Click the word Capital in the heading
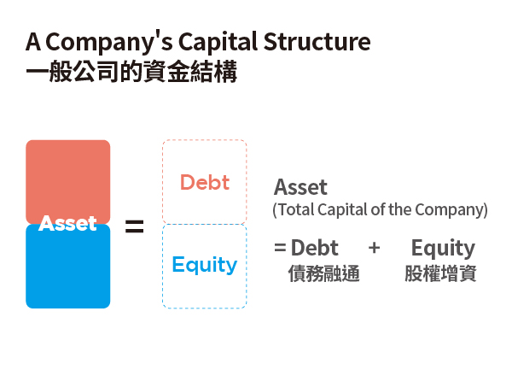coord(218,43)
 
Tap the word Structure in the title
coord(317,42)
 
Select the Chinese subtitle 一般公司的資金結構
coord(131,71)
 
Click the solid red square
coord(68,182)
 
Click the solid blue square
coord(68,266)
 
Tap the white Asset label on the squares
coord(67,224)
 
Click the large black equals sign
coord(135,226)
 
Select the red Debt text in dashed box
coord(205,182)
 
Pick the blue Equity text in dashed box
coord(205,265)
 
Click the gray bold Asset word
coord(300,187)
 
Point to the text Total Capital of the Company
coord(380,210)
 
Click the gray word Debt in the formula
coord(314,248)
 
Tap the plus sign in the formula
coord(375,248)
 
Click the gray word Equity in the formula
coord(443,249)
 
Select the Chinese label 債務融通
coord(324,273)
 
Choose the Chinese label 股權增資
coord(440,273)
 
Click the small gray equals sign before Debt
coord(280,248)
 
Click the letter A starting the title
coord(33,42)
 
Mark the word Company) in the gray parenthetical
coord(451,210)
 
